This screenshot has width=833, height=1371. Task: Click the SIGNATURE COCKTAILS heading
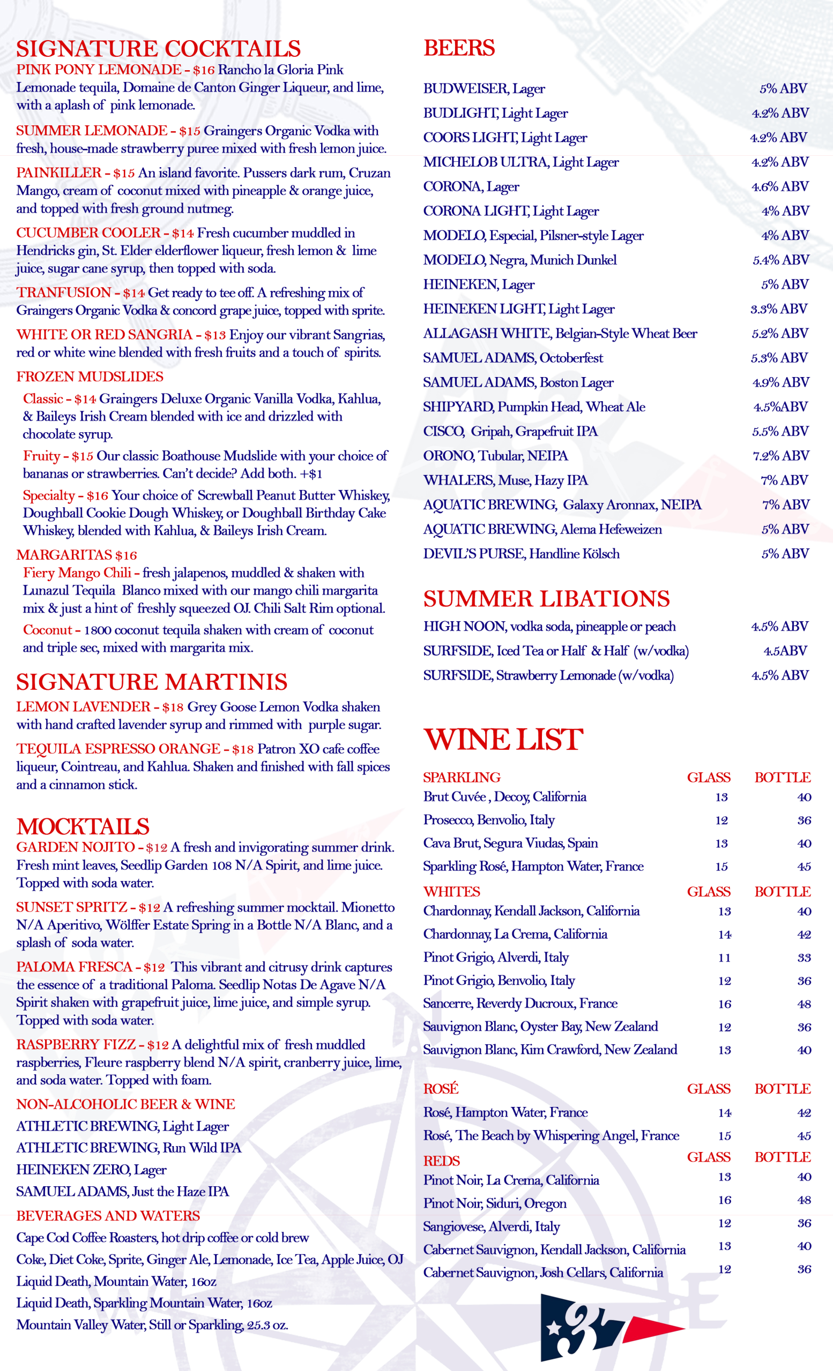158,49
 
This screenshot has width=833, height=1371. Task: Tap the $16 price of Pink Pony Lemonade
204,70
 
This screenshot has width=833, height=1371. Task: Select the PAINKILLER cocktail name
59,173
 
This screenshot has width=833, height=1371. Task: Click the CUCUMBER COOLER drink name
88,233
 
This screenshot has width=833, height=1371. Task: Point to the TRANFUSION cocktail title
63,292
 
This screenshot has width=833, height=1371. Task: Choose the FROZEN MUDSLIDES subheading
90,376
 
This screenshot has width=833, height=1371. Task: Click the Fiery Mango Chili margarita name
77,573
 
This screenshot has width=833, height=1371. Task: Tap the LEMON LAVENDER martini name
84,707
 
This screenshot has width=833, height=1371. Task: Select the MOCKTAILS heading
83,827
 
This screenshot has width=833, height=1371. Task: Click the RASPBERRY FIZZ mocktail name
76,1045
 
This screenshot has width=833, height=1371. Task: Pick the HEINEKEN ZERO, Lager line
91,1170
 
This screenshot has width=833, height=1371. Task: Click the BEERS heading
459,48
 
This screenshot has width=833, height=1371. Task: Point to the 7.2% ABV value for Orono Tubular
780,456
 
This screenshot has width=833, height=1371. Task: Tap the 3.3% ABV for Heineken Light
779,310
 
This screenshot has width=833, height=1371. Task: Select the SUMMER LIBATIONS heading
546,599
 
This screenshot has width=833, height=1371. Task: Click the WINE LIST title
503,740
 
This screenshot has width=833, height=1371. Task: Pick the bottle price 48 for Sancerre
804,1004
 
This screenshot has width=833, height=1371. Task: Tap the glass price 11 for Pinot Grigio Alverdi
724,958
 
